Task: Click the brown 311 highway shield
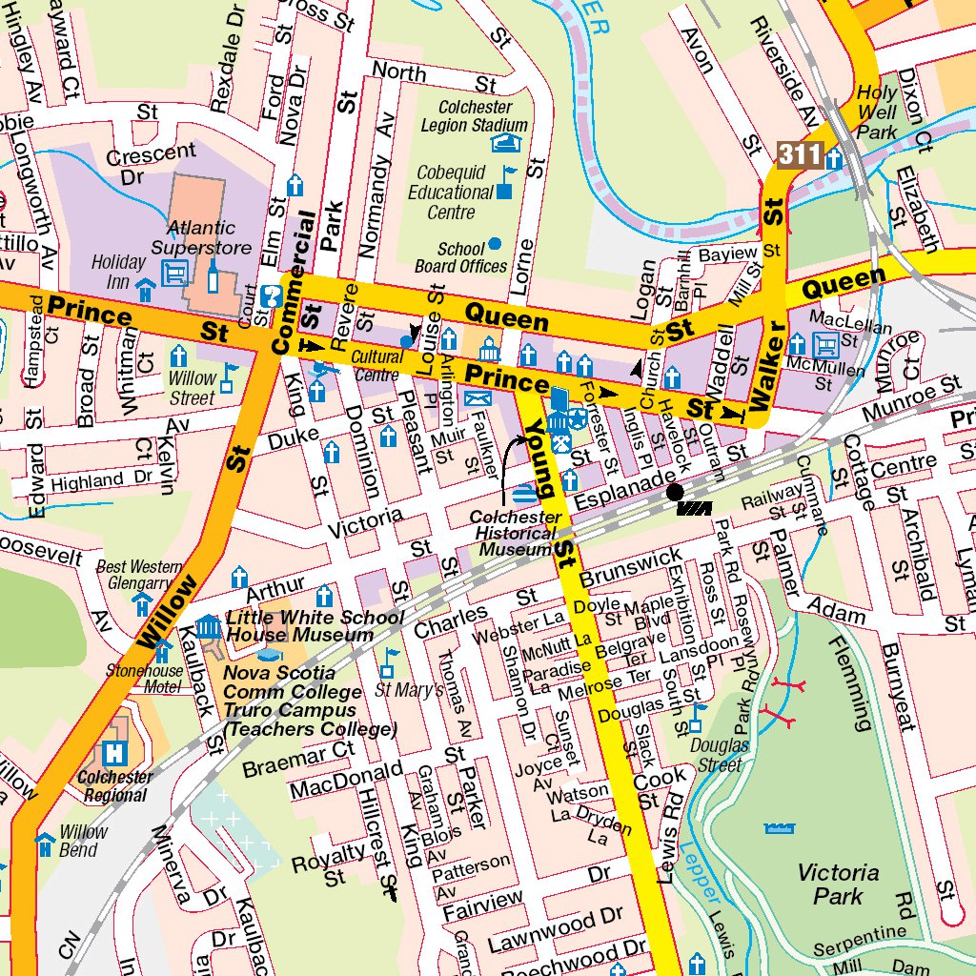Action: click(799, 154)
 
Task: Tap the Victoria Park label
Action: click(838, 884)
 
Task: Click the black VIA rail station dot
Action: click(675, 492)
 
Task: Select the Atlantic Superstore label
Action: click(201, 238)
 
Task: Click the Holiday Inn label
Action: click(118, 272)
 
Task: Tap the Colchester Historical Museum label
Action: click(516, 533)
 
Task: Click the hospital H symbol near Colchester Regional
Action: click(115, 752)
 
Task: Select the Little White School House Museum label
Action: click(300, 626)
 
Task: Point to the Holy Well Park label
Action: click(877, 112)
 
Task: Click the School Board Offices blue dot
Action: click(494, 244)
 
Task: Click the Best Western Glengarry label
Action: click(140, 575)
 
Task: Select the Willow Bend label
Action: click(83, 841)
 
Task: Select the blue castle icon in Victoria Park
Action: click(779, 829)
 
